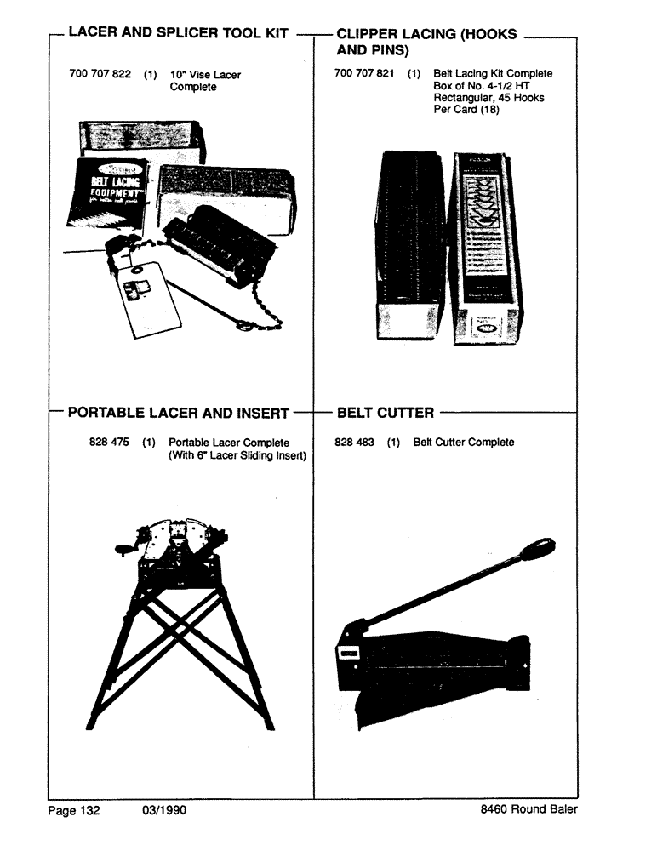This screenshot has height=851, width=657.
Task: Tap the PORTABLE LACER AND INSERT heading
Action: coord(179,414)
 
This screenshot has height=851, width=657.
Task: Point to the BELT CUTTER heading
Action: coord(385,414)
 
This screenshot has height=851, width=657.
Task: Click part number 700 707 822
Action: coord(100,75)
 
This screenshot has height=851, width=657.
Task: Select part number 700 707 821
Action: coord(364,74)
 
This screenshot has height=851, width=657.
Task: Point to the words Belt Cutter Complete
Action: coord(464,443)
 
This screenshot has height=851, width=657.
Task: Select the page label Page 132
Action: coord(73,810)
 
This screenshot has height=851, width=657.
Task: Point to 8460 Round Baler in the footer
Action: coord(528,810)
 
